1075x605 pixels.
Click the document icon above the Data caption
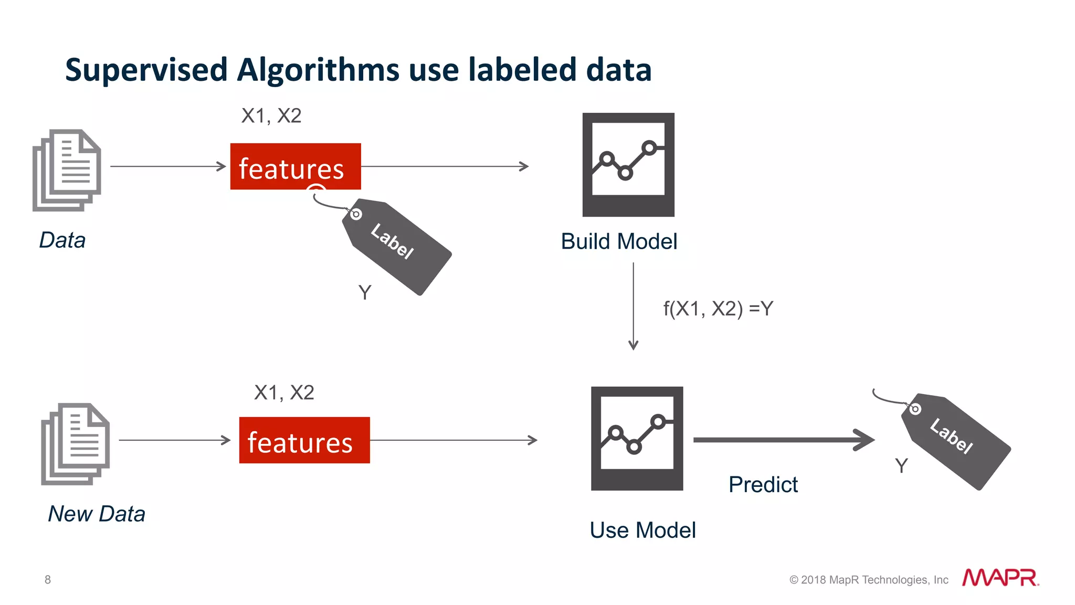[x=67, y=170]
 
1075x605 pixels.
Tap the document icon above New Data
[x=76, y=444]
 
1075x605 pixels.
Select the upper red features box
[x=296, y=166]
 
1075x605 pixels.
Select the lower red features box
[x=304, y=440]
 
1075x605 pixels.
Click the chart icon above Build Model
[x=628, y=164]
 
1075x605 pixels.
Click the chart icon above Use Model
[x=637, y=438]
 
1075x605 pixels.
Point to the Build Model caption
[x=619, y=242]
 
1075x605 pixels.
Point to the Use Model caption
[x=642, y=530]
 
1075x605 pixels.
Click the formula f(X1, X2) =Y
[x=718, y=309]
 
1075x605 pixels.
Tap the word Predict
[x=763, y=484]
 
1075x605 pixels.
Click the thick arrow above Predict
[x=782, y=440]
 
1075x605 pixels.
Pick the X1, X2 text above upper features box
[x=271, y=116]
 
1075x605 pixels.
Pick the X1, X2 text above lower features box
[x=284, y=392]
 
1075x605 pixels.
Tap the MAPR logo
[x=1000, y=578]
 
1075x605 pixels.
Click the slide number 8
[x=48, y=579]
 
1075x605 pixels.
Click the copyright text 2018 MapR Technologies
[x=869, y=580]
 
